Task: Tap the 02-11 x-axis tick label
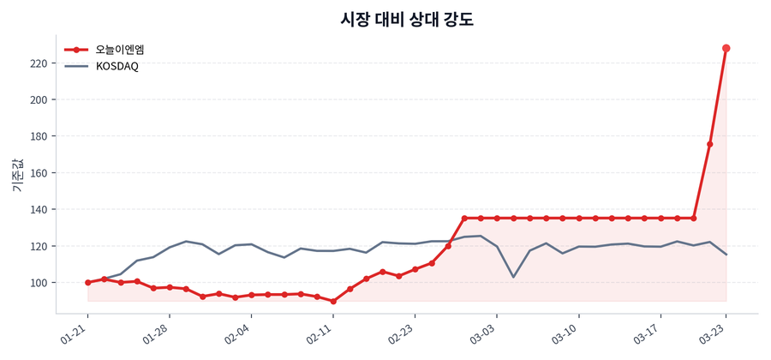pos(322,333)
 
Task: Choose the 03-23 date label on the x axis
pos(715,333)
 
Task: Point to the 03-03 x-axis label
pos(486,333)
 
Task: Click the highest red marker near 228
pos(726,48)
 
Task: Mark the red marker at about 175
pos(710,144)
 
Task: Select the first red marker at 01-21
pos(87,282)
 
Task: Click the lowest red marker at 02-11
pos(333,301)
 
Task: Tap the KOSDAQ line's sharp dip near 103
pos(513,277)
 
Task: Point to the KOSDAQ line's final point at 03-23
pos(726,255)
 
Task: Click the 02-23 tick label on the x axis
pos(404,333)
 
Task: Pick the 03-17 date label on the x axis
pos(649,333)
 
